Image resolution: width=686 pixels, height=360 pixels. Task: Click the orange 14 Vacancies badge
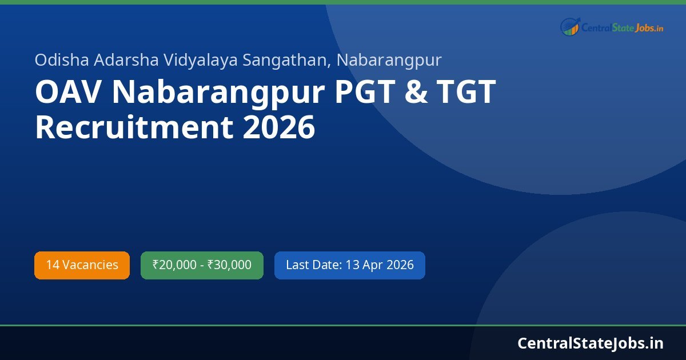click(82, 265)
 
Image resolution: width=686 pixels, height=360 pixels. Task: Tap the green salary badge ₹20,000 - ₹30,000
click(202, 265)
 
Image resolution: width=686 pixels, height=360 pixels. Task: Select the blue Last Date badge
click(349, 265)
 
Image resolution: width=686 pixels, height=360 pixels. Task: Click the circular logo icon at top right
click(570, 26)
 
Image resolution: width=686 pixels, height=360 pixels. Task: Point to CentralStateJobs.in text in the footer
click(591, 343)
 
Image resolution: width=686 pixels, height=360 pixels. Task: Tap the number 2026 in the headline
click(279, 127)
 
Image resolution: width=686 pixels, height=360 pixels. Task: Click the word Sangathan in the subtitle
click(287, 59)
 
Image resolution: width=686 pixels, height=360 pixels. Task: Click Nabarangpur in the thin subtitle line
click(389, 59)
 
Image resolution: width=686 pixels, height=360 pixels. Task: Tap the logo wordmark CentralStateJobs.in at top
click(623, 27)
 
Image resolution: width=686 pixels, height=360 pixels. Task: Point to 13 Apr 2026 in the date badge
click(380, 265)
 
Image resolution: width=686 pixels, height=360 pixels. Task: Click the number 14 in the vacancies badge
click(53, 265)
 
